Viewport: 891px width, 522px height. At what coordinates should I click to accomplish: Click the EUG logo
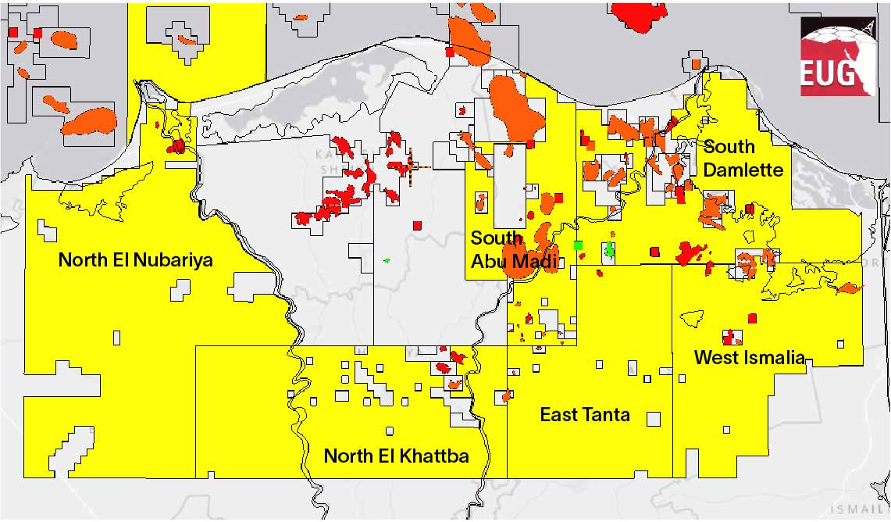[x=836, y=57]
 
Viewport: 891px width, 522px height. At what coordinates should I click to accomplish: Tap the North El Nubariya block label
[x=136, y=260]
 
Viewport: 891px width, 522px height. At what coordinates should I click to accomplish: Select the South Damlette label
[x=742, y=158]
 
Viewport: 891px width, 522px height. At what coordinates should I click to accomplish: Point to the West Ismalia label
[x=749, y=358]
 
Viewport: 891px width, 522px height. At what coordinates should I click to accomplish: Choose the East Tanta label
[x=585, y=414]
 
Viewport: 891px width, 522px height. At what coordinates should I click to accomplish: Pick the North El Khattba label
[x=396, y=456]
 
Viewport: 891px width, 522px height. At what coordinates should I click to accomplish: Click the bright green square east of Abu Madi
[x=578, y=245]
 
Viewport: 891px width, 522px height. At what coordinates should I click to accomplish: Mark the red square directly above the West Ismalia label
[x=753, y=318]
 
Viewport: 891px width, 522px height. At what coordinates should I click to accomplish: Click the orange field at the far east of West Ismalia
[x=849, y=288]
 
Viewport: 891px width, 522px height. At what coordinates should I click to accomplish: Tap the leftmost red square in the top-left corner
[x=12, y=32]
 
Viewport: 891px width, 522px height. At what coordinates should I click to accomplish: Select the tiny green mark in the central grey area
[x=386, y=260]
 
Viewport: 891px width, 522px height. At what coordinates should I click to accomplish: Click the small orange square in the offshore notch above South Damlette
[x=695, y=63]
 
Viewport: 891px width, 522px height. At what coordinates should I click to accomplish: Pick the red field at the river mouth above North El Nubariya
[x=178, y=146]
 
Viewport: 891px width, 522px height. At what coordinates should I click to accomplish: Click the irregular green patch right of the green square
[x=609, y=250]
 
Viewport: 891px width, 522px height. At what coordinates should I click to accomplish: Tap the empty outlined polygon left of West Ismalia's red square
[x=692, y=318]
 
